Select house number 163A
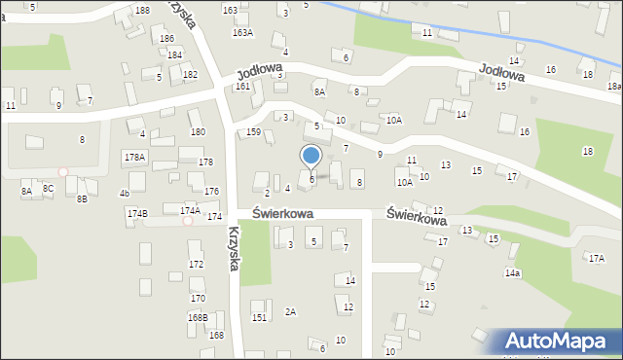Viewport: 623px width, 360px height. click(242, 33)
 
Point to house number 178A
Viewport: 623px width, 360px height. click(134, 157)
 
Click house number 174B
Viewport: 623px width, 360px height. click(136, 213)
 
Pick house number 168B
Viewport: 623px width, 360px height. click(198, 317)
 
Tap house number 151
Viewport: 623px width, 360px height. click(259, 317)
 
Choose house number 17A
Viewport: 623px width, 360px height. click(596, 258)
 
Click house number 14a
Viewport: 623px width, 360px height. click(512, 273)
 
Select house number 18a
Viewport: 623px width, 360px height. click(614, 87)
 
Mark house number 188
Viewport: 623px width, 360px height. click(142, 10)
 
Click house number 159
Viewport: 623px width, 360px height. click(253, 132)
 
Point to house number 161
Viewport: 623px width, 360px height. click(242, 87)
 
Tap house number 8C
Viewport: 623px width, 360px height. click(48, 189)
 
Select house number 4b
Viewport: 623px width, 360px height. click(125, 194)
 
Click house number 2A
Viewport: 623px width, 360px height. click(290, 311)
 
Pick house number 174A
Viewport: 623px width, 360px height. click(190, 210)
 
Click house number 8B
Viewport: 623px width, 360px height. click(82, 198)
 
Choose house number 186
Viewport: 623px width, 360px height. click(167, 39)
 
